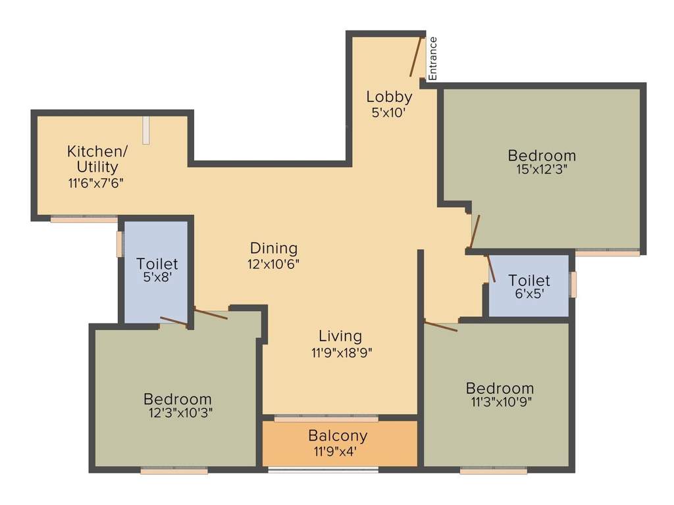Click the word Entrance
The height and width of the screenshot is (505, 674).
(x=433, y=59)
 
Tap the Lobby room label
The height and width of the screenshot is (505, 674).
(x=389, y=97)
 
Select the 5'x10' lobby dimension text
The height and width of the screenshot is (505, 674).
(x=388, y=112)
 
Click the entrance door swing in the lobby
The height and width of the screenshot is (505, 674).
(x=415, y=57)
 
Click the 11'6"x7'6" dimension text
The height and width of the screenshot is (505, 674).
(x=96, y=183)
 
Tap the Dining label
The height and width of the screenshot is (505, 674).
(x=274, y=248)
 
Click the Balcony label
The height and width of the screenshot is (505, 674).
(x=338, y=435)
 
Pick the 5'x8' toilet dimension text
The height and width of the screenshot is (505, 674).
(x=157, y=279)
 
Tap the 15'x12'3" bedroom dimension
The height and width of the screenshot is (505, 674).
(x=542, y=169)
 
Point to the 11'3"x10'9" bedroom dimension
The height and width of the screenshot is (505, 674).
(x=500, y=402)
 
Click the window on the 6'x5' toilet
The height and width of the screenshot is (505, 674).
(x=573, y=285)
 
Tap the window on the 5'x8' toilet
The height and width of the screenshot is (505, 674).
(x=120, y=243)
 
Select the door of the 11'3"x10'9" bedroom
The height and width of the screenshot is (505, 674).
(x=441, y=325)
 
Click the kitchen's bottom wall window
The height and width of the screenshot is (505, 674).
(x=84, y=219)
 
